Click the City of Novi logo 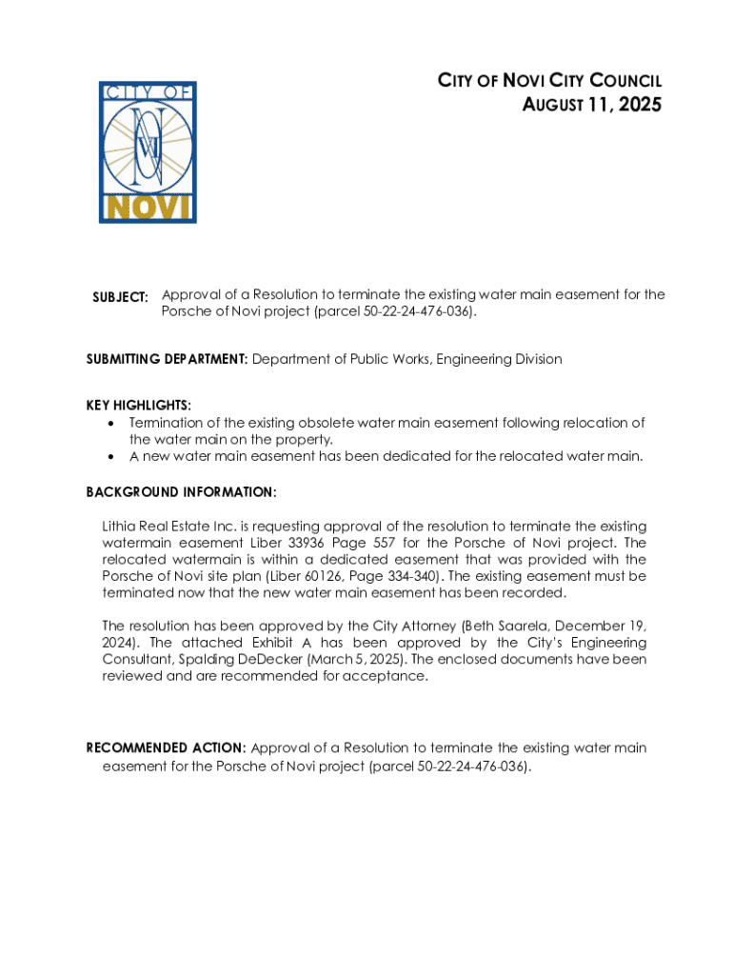148,152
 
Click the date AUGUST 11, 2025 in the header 591,105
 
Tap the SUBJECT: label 120,297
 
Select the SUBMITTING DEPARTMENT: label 168,359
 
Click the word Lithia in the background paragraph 119,527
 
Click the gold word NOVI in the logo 148,207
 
